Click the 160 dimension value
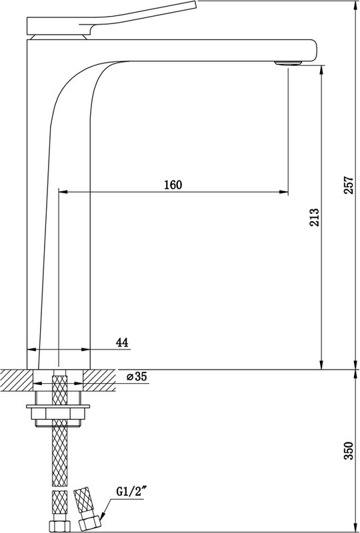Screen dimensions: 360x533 (x=173, y=185)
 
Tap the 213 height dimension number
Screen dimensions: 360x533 (x=314, y=217)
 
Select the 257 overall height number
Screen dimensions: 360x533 (x=349, y=185)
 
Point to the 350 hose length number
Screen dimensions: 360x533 (x=349, y=451)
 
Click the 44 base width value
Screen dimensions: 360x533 (x=122, y=342)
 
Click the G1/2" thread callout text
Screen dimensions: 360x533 (x=129, y=491)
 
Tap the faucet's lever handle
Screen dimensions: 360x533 (x=111, y=18)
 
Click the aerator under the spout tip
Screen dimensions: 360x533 (x=288, y=63)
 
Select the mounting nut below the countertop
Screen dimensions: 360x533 (x=58, y=413)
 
